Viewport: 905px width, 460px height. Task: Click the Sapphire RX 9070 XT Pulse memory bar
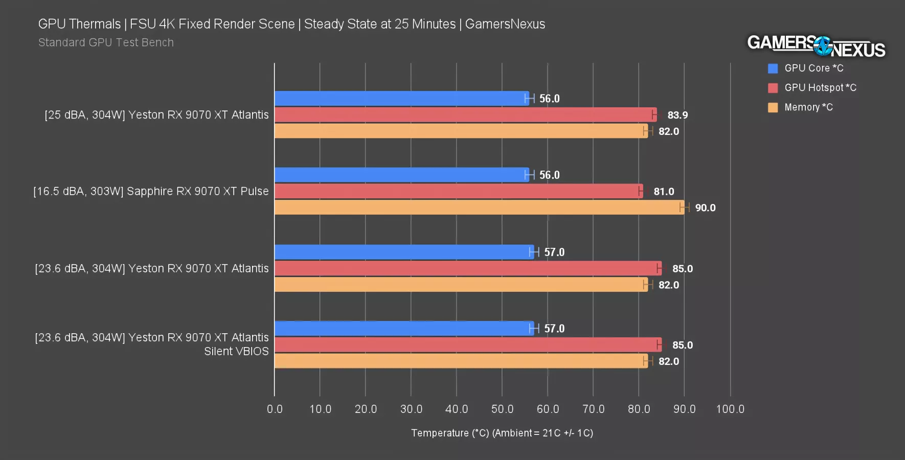pos(479,208)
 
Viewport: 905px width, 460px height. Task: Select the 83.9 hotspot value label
pos(677,115)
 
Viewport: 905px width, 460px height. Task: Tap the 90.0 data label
pos(705,208)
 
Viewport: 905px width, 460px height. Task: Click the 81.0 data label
pos(664,192)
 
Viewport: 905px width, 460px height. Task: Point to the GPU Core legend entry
pos(813,68)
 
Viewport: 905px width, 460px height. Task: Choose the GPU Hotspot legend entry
pos(820,87)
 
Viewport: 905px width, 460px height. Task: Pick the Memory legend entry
pos(808,107)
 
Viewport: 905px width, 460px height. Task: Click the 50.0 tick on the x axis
pos(502,409)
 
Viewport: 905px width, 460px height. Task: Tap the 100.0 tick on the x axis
pos(730,409)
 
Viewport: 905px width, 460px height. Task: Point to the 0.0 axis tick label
pos(275,409)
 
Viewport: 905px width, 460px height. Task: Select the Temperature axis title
pos(502,433)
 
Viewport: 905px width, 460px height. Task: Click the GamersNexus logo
pos(816,46)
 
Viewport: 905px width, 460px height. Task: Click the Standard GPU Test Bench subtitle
pos(106,42)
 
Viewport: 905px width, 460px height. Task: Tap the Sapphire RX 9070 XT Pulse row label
pos(151,191)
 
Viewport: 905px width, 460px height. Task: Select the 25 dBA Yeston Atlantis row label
pos(156,114)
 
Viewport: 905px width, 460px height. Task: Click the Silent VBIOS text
pos(236,352)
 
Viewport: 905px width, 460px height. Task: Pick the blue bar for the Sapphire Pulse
pos(401,175)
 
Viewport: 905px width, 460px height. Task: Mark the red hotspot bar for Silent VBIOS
pos(468,345)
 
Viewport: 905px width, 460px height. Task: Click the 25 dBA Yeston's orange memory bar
pos(461,131)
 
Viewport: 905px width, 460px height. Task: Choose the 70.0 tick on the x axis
pos(593,409)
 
